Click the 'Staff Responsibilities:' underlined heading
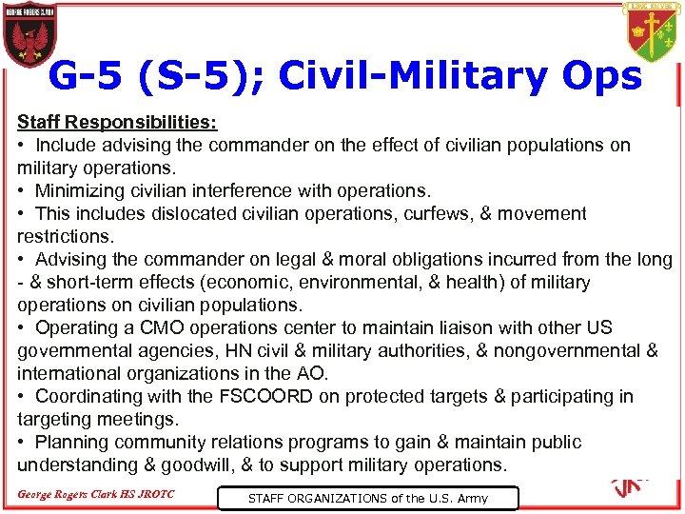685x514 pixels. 117,123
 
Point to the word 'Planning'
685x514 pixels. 71,443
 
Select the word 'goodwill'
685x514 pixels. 201,465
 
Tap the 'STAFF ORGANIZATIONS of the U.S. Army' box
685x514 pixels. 367,498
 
